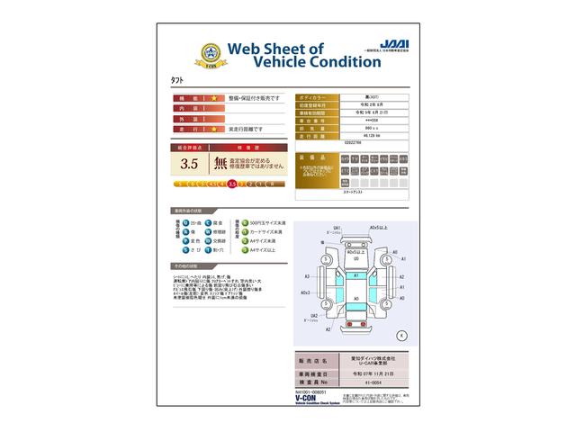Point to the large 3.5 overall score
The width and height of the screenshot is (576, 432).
(189, 164)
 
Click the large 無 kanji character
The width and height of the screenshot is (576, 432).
(220, 164)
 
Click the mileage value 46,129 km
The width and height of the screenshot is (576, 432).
(358, 134)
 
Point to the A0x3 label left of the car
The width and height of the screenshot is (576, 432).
(307, 293)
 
